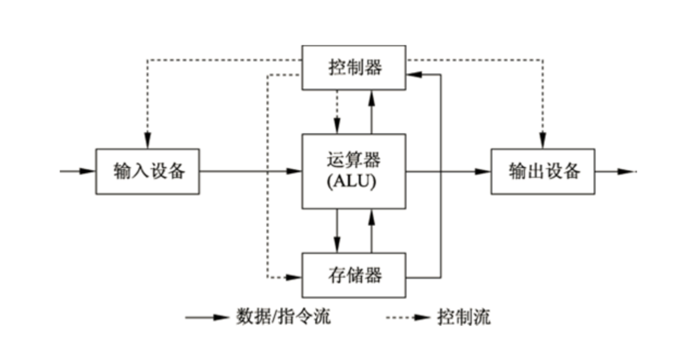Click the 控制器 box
(354, 67)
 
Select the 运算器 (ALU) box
(354, 171)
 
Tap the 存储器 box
(354, 275)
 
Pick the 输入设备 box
(148, 171)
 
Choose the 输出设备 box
(542, 171)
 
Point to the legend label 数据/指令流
(283, 316)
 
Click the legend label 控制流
(464, 316)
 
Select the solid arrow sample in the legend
(207, 317)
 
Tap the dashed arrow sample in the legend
(408, 317)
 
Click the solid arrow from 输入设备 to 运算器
(251, 171)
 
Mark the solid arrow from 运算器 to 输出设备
(448, 171)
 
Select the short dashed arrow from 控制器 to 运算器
(337, 111)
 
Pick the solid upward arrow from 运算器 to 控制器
(372, 111)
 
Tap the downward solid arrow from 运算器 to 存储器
(337, 231)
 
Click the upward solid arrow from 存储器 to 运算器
(372, 231)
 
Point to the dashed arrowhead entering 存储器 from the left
(294, 277)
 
